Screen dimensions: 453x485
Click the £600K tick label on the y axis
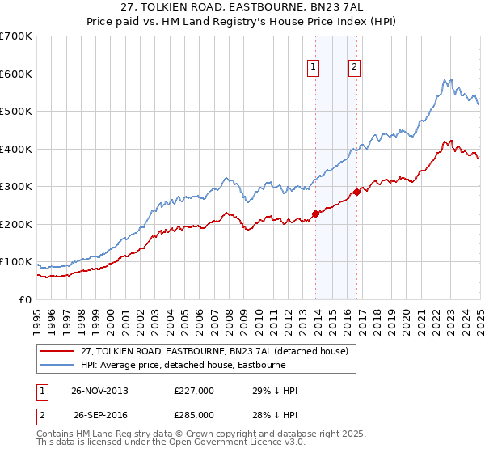(16, 74)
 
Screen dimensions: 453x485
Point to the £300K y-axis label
(16, 187)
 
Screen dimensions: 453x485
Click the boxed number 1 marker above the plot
(313, 68)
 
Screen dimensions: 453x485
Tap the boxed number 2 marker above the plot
(354, 68)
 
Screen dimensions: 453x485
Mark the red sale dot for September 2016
(356, 193)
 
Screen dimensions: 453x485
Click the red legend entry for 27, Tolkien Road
(214, 351)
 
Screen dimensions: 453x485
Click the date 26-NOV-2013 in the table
(100, 391)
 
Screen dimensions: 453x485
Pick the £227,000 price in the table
(194, 391)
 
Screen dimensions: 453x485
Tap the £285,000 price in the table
(194, 415)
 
